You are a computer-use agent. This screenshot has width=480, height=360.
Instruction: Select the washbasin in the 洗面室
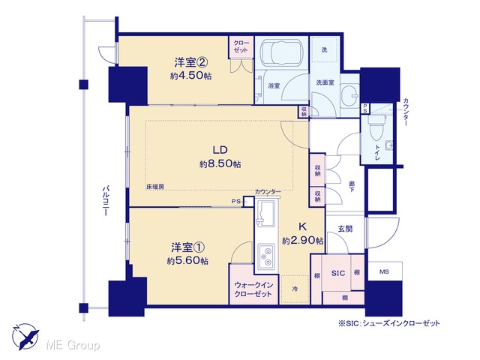349,95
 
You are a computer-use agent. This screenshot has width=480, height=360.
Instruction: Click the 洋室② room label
191,63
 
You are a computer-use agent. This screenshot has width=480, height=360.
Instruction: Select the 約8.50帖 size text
220,164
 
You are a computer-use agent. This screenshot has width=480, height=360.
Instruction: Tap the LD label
220,150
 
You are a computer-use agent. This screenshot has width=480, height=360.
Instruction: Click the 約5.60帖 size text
187,261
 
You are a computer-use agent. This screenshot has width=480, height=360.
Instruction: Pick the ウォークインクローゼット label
253,289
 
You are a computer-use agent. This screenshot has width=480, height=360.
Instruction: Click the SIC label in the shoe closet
338,273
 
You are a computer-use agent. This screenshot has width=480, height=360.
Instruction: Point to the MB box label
384,271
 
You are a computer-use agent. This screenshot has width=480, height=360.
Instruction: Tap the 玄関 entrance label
345,229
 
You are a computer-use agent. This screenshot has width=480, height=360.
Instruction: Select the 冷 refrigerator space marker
295,289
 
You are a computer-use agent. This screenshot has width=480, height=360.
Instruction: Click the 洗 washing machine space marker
324,49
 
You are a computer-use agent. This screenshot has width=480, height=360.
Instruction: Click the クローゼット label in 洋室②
241,46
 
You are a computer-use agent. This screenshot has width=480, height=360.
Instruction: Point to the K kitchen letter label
302,226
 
